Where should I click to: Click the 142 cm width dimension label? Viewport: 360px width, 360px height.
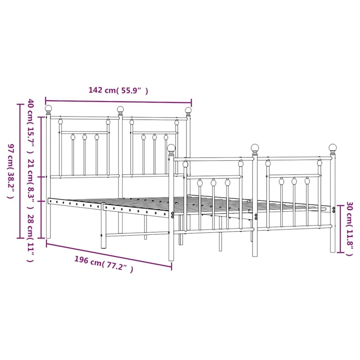[x=118, y=90]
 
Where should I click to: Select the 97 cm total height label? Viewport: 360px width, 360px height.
[x=11, y=171]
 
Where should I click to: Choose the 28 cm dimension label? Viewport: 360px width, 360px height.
[x=31, y=238]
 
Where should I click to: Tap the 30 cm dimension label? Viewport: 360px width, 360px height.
[x=350, y=229]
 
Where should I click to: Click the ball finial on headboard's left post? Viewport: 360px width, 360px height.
[x=48, y=108]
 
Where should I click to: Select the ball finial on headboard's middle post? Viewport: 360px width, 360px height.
[x=120, y=109]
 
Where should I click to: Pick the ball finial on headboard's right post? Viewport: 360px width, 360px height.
[x=188, y=110]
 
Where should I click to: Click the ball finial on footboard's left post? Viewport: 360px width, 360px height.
[x=171, y=148]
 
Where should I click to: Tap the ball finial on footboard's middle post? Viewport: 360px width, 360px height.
[x=255, y=148]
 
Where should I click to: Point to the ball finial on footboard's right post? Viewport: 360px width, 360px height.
[x=333, y=147]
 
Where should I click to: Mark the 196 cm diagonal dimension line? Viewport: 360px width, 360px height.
[x=108, y=255]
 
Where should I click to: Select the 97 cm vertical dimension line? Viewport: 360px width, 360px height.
[x=20, y=171]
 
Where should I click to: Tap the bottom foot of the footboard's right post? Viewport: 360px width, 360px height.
[x=333, y=250]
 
